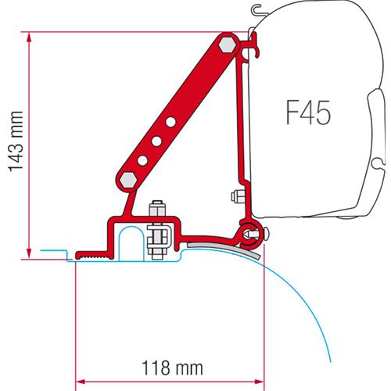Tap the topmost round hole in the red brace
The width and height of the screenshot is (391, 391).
point(170,122)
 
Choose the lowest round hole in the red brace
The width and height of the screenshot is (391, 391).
point(144,157)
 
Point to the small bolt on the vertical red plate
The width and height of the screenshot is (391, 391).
point(234,195)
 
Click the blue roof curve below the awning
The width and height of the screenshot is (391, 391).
point(313,313)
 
